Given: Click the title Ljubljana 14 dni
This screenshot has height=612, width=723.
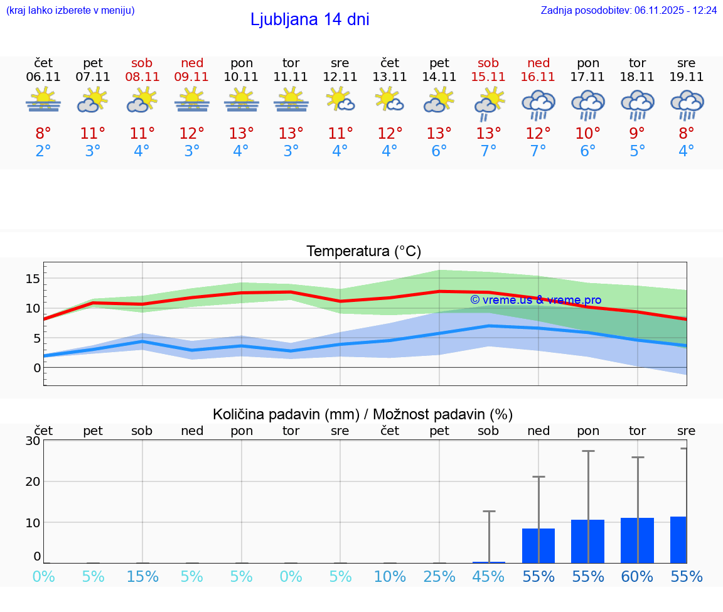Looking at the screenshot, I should click(x=309, y=19).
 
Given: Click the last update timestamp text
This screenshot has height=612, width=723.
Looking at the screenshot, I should click(x=628, y=10).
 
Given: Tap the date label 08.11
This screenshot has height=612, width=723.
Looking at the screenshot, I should click(x=142, y=77).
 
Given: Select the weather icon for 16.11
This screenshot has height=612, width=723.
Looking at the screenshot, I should click(x=538, y=104).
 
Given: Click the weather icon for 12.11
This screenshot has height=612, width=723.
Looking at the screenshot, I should click(x=340, y=100).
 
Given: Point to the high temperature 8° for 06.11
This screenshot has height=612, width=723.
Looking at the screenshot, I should click(x=43, y=134).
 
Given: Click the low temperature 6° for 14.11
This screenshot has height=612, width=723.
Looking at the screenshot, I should click(x=439, y=151).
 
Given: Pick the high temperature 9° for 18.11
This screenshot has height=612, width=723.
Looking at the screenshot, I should click(x=637, y=134).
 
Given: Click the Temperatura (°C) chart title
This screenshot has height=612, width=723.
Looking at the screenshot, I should click(x=363, y=252).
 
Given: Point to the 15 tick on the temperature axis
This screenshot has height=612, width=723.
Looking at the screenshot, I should click(x=33, y=278).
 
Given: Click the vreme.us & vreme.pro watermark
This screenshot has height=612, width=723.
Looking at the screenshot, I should click(x=535, y=300).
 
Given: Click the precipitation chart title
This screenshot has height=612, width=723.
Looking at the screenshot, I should click(x=363, y=414).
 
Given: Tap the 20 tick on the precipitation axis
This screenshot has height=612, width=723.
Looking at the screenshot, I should click(x=33, y=481).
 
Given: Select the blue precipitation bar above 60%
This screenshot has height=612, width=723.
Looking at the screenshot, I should click(x=637, y=540).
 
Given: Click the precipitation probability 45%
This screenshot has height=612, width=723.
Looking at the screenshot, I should click(x=488, y=577).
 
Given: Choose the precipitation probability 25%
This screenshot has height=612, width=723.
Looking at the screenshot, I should click(x=439, y=577).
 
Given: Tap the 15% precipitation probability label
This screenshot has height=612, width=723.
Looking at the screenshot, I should click(x=142, y=577).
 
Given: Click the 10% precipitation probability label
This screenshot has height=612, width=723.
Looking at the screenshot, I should click(x=390, y=577).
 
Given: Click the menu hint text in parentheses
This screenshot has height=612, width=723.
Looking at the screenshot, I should click(x=70, y=10).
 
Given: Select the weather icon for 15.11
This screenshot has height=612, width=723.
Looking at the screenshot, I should click(x=488, y=103).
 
